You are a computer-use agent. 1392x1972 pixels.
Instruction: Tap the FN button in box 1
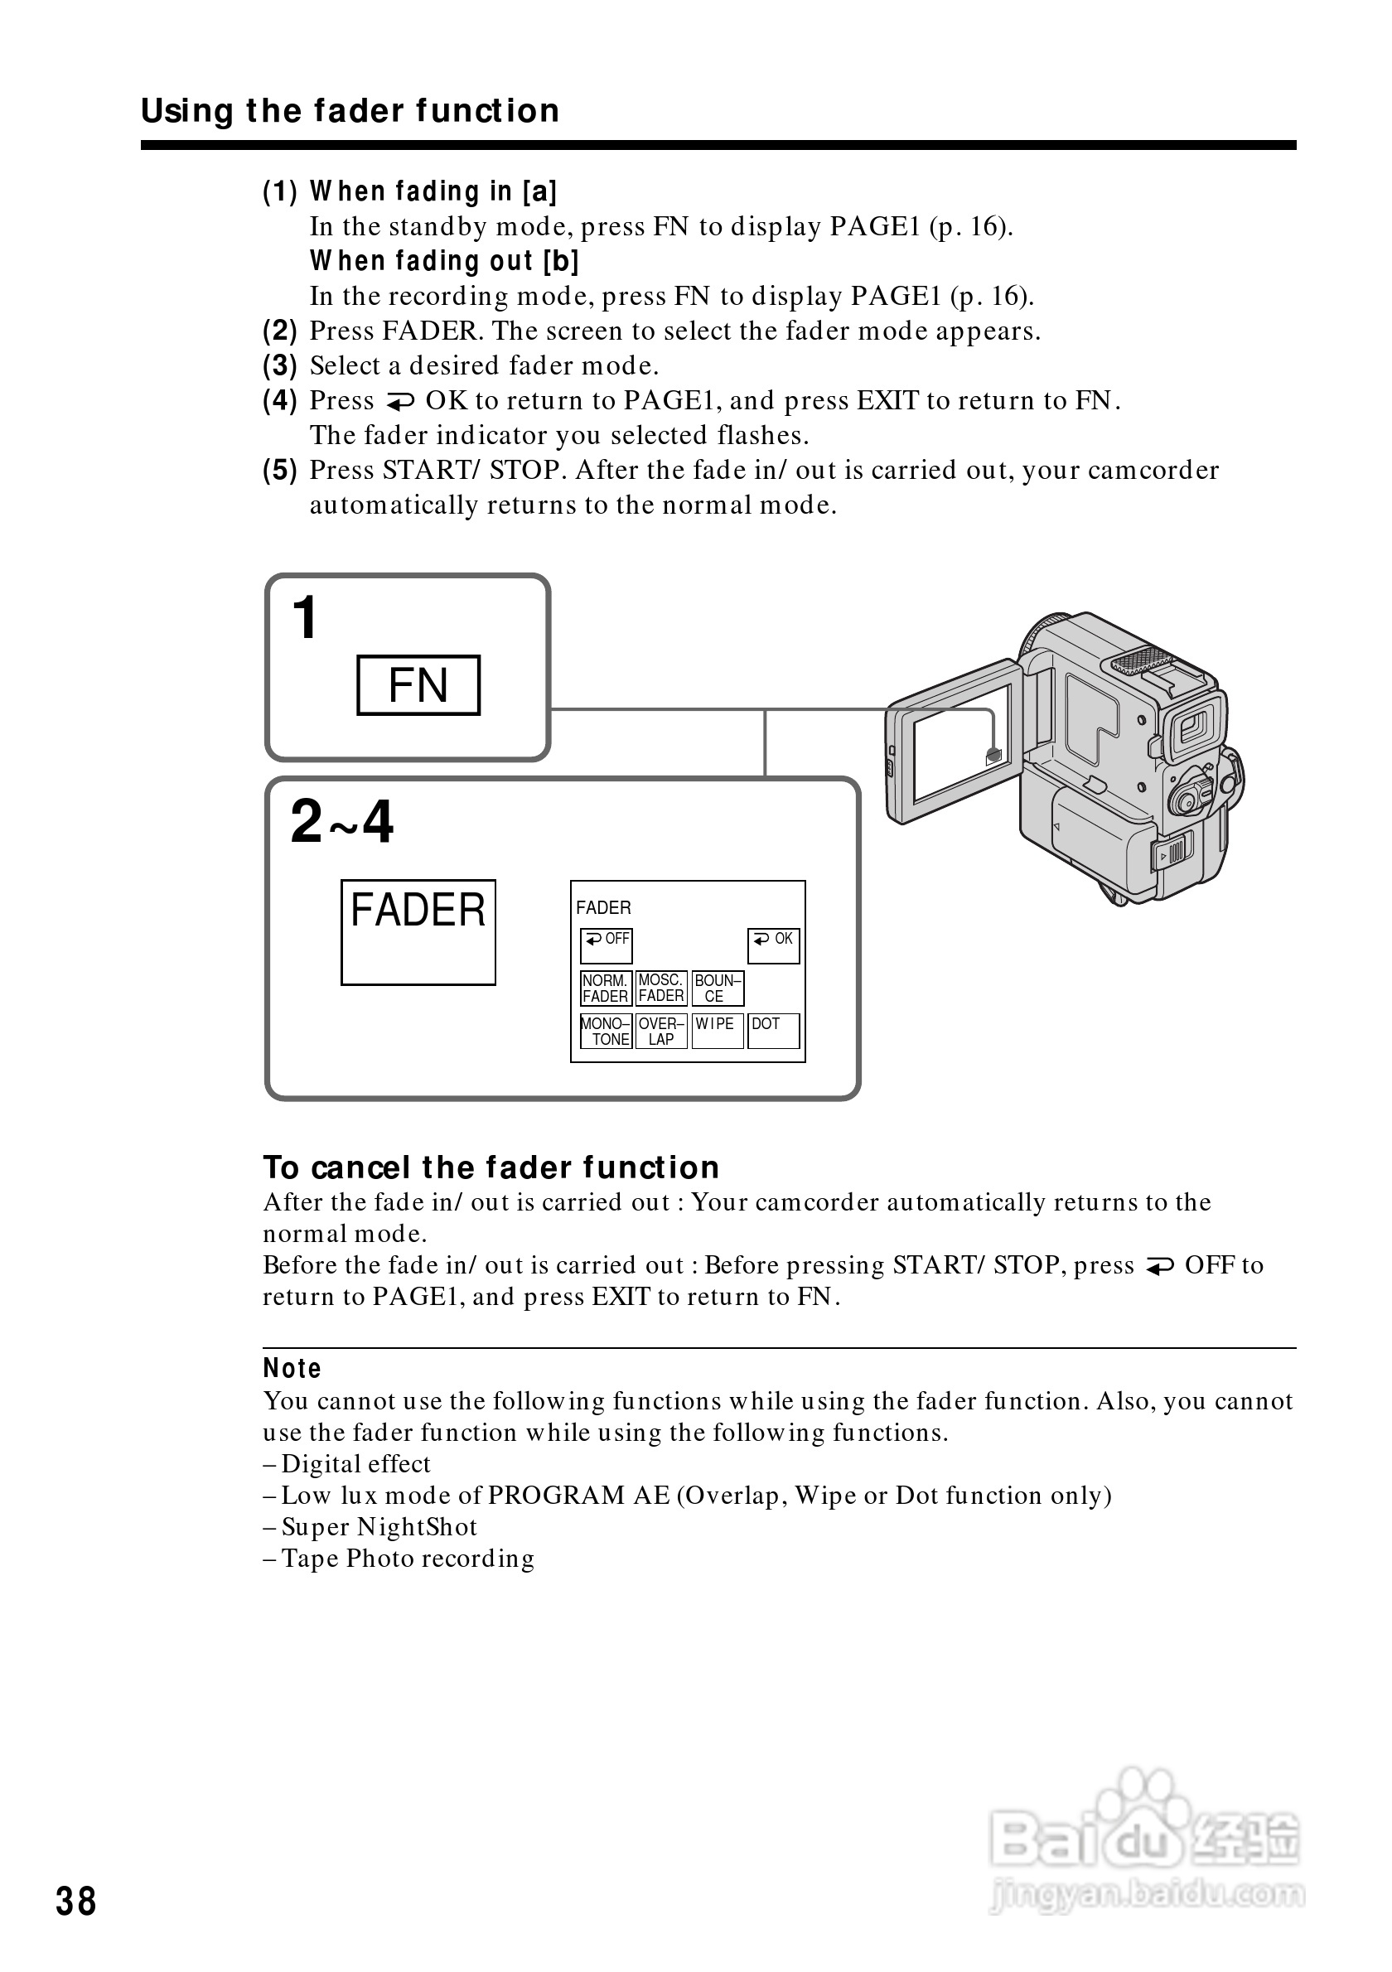418,685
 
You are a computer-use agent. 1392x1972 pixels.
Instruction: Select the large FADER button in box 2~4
418,932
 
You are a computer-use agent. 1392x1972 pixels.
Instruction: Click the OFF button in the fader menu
607,945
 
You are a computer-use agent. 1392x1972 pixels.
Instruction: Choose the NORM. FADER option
607,988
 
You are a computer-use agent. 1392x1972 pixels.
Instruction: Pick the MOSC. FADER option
661,988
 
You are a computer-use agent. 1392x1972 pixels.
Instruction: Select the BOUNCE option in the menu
717,988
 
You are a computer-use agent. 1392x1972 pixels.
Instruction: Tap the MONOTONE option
607,1032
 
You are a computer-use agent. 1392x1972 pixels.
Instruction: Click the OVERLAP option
661,1032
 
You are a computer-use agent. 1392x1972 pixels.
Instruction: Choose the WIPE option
717,1032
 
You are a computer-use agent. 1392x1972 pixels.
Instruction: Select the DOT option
773,1032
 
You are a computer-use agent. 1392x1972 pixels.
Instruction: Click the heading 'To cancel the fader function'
491,1168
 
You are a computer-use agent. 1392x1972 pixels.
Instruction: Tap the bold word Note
292,1369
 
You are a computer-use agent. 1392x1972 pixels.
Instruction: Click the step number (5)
280,471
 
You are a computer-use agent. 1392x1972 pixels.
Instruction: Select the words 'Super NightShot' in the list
379,1527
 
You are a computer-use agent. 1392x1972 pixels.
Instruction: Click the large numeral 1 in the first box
305,618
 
